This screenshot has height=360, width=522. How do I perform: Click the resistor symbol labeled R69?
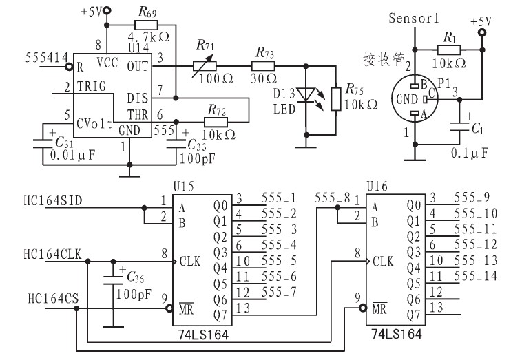click(147, 23)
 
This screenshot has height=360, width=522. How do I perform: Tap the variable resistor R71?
click(205, 66)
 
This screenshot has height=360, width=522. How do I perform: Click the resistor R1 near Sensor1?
click(450, 50)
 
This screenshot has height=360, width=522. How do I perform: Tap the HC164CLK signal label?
click(54, 254)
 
